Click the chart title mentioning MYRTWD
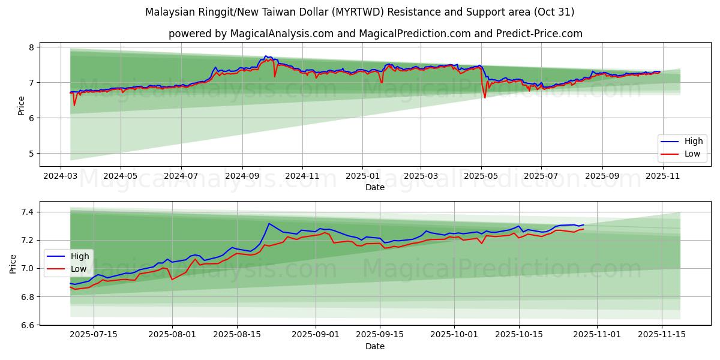click(x=359, y=12)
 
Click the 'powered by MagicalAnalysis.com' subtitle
click(x=375, y=34)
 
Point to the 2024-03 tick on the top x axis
click(x=60, y=177)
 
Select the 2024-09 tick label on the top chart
click(x=242, y=177)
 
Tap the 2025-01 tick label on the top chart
click(x=362, y=177)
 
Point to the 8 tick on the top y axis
click(x=33, y=47)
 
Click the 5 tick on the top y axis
click(x=33, y=154)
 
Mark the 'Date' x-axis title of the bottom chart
click(x=375, y=346)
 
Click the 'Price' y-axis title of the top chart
click(x=22, y=106)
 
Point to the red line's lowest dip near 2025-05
click(x=485, y=98)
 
